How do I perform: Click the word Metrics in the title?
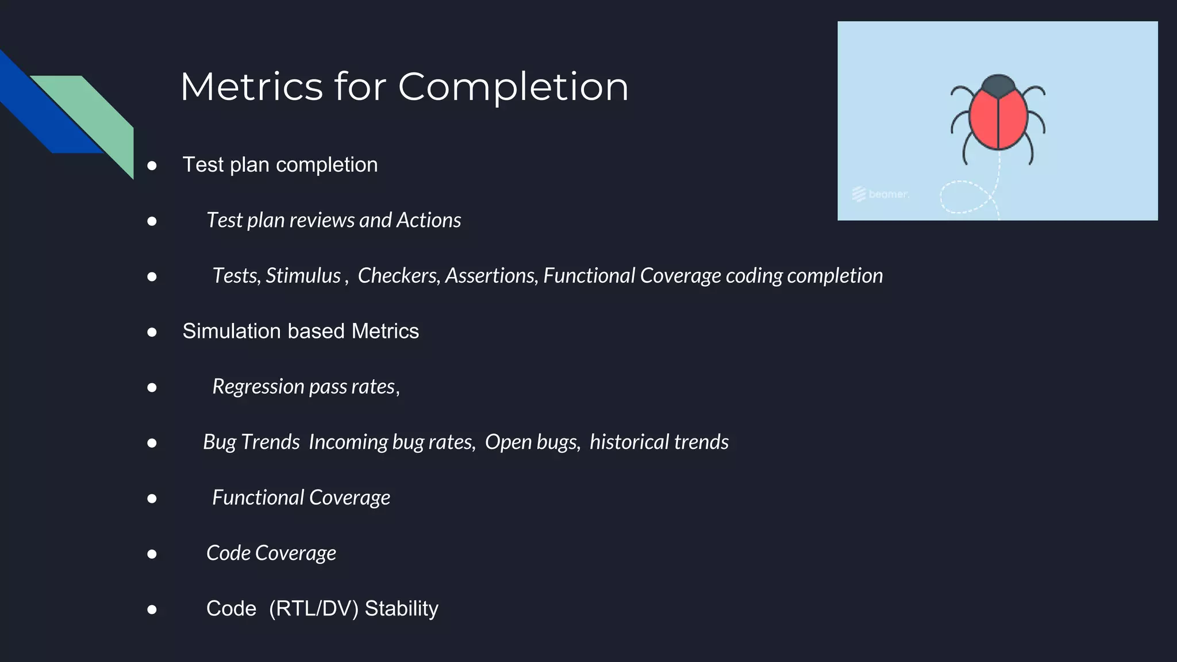251,87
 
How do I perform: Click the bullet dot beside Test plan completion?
152,166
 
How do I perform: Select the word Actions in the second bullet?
429,220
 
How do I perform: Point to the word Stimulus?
303,276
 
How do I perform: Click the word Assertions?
491,276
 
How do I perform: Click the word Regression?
258,387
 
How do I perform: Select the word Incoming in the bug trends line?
348,442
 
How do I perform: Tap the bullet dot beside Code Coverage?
152,554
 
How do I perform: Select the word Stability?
401,609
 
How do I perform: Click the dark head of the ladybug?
998,85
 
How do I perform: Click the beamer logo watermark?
880,194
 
